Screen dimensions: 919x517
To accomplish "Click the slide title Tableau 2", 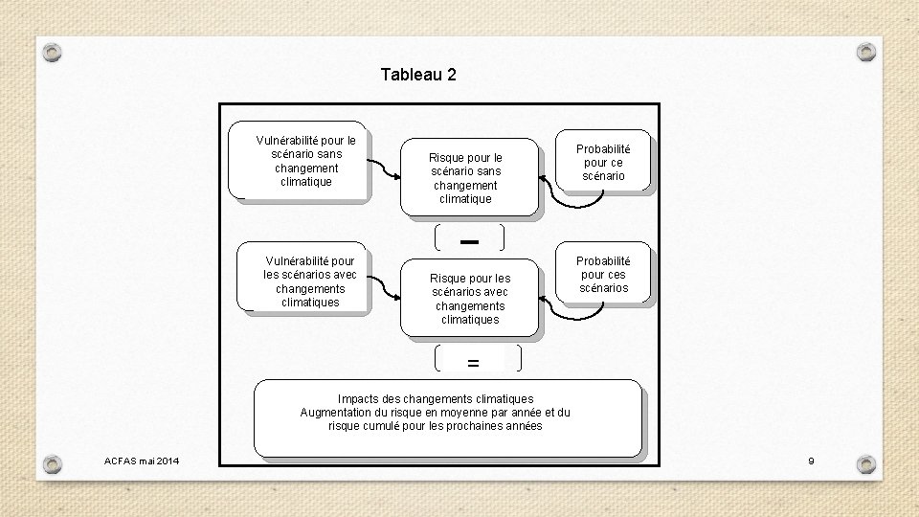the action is coord(418,74).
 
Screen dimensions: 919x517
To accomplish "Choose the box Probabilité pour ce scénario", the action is coord(603,162).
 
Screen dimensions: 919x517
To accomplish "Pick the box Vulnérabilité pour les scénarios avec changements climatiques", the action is coord(305,280).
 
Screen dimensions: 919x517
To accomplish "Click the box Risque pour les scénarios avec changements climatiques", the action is coord(470,298).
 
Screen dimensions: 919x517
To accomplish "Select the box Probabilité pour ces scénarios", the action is coord(603,274).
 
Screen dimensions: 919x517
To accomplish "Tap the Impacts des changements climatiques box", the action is coord(447,417).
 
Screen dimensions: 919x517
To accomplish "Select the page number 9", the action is coord(811,461).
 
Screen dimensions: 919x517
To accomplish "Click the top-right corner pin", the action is coord(865,51).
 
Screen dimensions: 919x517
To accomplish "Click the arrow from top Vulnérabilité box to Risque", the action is coord(385,172).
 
